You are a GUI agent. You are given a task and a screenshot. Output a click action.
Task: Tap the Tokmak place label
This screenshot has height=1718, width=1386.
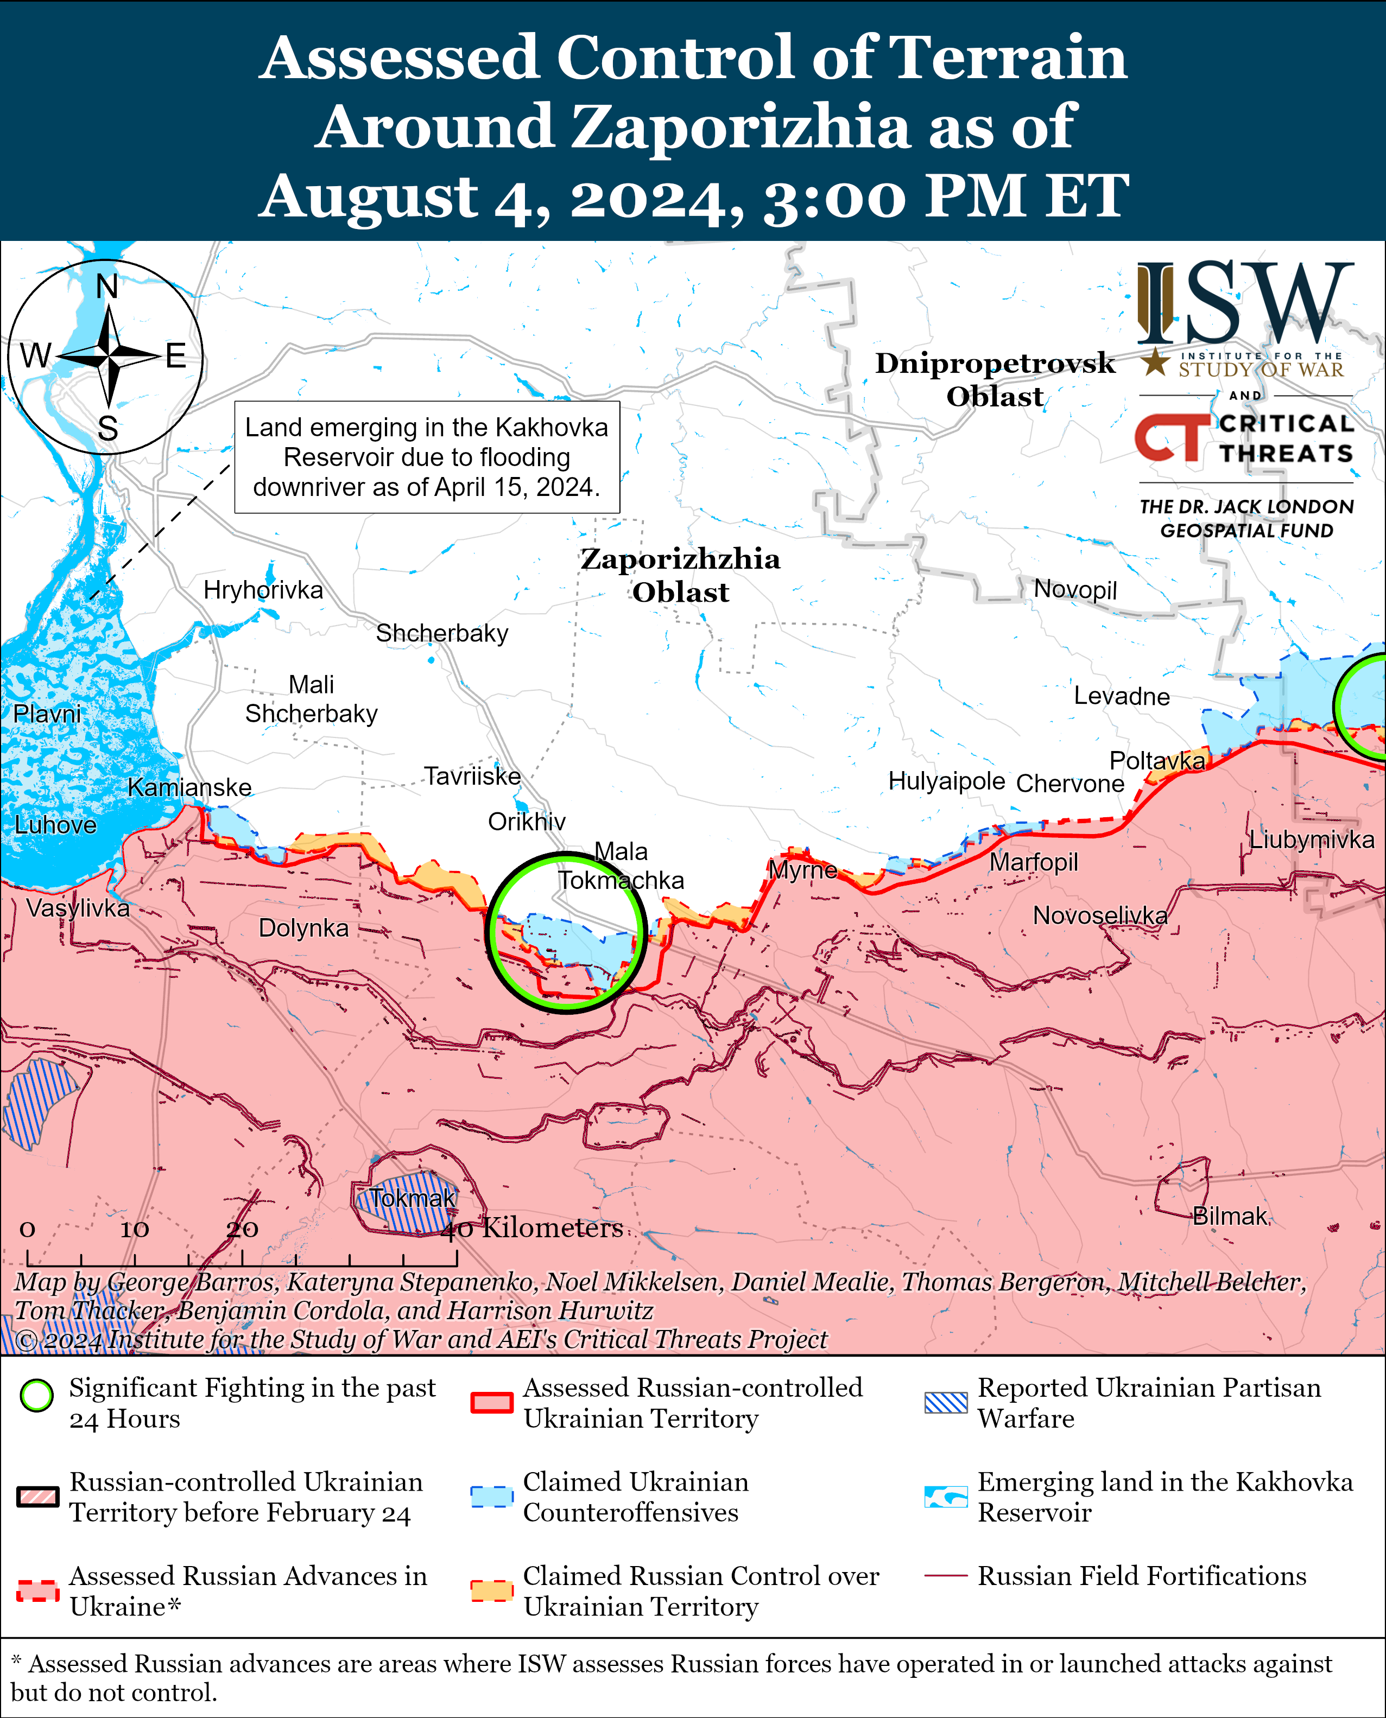(x=412, y=1198)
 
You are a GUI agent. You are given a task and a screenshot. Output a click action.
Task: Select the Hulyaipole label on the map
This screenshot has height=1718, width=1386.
(x=946, y=780)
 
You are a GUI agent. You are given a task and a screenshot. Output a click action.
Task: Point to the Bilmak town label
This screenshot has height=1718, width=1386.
(x=1230, y=1216)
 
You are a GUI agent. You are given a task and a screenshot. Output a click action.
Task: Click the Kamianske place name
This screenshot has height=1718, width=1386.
(x=189, y=787)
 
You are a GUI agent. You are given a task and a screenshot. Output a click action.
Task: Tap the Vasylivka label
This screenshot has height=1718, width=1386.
(x=78, y=908)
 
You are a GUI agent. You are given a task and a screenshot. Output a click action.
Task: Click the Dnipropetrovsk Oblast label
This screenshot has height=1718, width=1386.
(x=995, y=379)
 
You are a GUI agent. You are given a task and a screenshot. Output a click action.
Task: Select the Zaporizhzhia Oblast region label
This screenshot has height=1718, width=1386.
(x=680, y=575)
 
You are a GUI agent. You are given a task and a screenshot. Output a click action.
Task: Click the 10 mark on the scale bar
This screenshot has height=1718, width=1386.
(x=134, y=1230)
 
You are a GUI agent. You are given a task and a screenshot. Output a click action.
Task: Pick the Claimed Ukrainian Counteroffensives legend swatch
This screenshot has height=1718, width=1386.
(x=491, y=1497)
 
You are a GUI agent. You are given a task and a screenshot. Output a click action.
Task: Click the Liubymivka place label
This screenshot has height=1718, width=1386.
(x=1311, y=839)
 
